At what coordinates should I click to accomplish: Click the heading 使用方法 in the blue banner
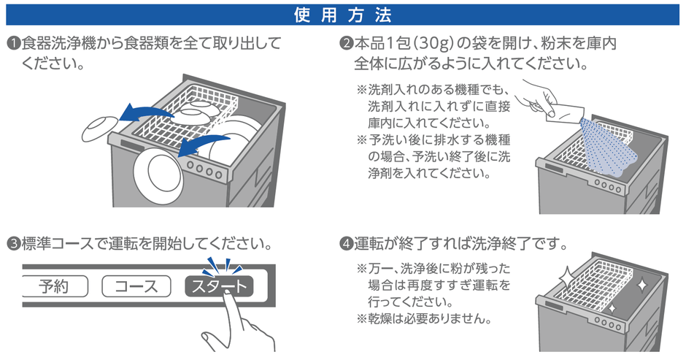pyautogui.click(x=342, y=13)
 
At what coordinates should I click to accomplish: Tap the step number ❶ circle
pyautogui.click(x=12, y=43)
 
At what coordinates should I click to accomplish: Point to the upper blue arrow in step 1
pyautogui.click(x=146, y=111)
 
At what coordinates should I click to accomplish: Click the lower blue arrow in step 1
pyautogui.click(x=204, y=142)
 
